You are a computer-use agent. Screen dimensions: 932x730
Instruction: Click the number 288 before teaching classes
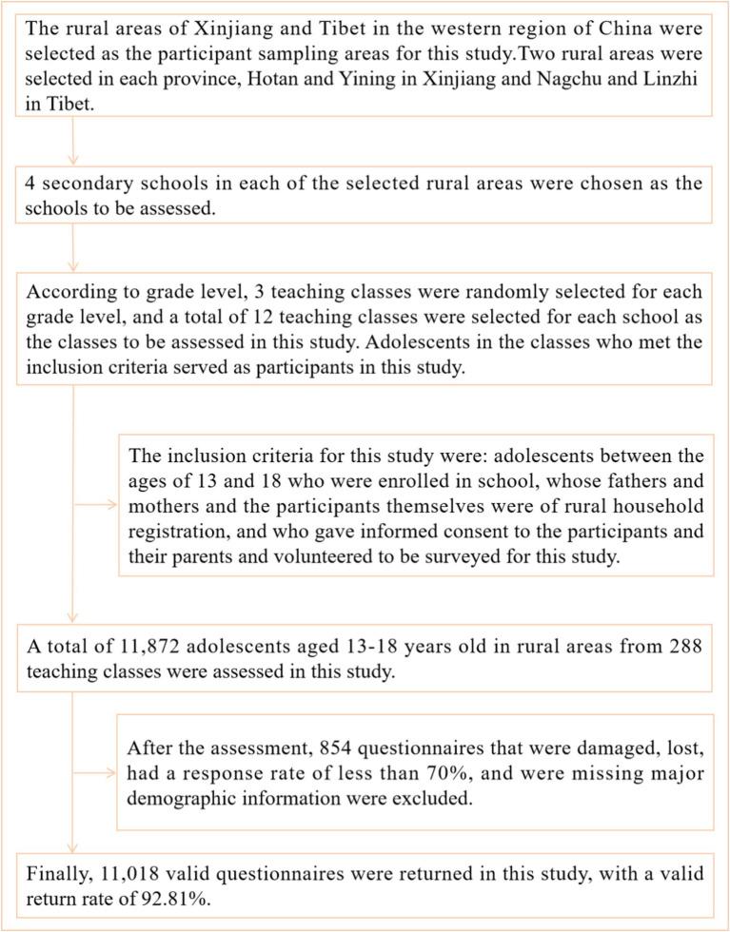(x=683, y=646)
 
